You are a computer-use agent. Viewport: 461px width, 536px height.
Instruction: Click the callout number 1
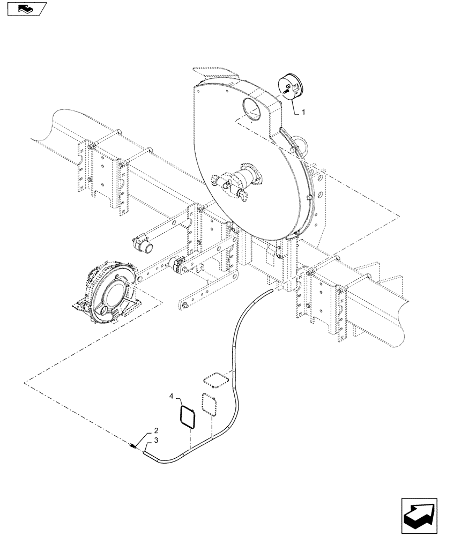tap(303, 113)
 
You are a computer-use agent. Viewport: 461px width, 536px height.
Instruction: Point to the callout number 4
tap(172, 397)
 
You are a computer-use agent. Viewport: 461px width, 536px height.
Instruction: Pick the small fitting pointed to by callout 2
tap(133, 445)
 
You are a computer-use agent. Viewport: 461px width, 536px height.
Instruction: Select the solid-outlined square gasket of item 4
tap(188, 416)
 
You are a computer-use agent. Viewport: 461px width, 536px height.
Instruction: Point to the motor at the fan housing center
tap(239, 180)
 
